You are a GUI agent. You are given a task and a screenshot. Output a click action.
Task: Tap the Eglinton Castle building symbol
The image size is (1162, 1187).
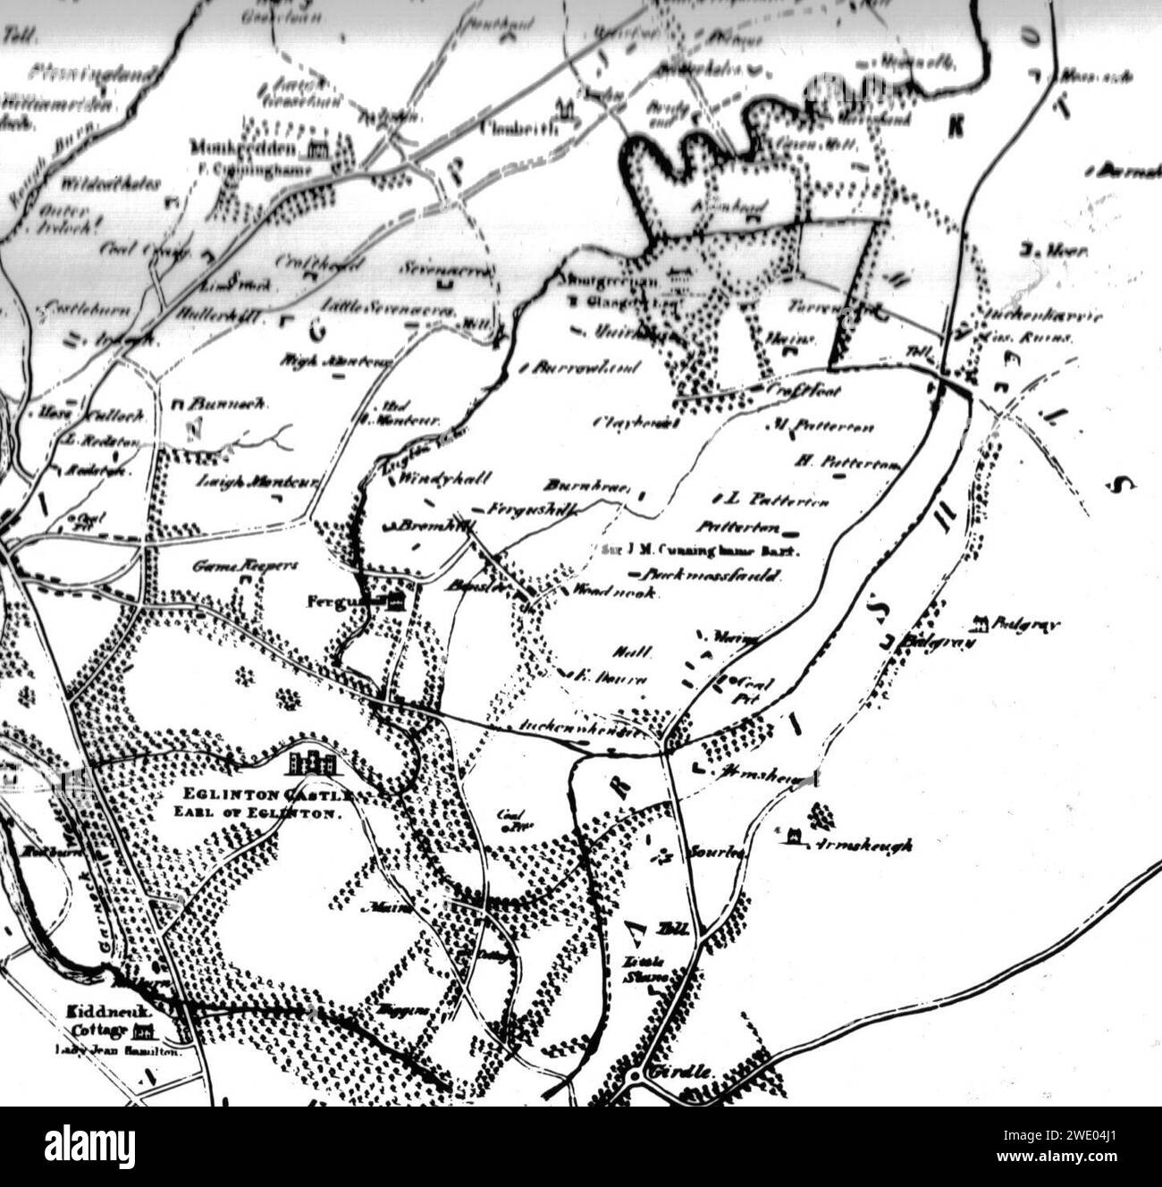[x=312, y=762]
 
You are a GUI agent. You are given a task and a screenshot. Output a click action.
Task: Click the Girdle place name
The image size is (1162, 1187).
[x=683, y=1071]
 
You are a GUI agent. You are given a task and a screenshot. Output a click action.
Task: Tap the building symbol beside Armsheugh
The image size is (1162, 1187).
[x=793, y=837]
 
